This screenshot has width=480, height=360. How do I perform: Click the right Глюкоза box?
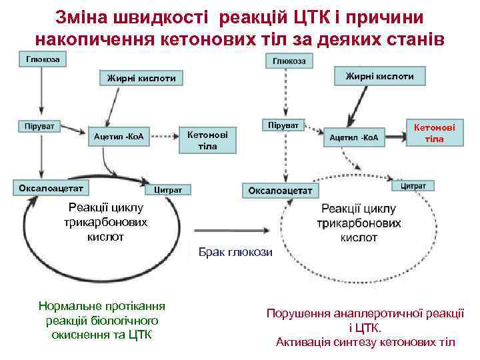pyautogui.click(x=289, y=61)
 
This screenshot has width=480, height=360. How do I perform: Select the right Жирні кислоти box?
pyautogui.click(x=379, y=76)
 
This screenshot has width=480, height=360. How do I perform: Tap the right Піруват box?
pyautogui.click(x=283, y=125)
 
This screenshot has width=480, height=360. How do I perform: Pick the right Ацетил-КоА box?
pyautogui.click(x=353, y=137)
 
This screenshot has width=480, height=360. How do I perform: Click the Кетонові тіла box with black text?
pyautogui.click(x=207, y=140)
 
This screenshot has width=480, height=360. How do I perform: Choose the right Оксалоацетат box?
pyautogui.click(x=280, y=191)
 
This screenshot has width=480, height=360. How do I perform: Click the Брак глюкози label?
pyautogui.click(x=235, y=251)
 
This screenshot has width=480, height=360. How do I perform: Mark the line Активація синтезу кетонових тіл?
pyautogui.click(x=365, y=342)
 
